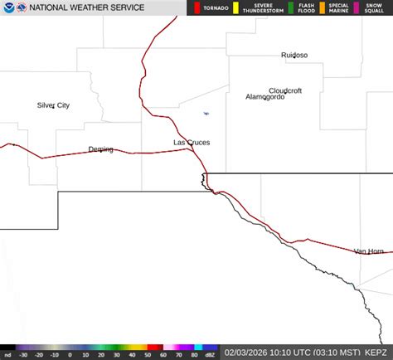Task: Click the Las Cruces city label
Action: tap(191, 143)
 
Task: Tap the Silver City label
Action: tap(53, 105)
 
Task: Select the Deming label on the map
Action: tap(100, 149)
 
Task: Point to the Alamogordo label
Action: tap(264, 97)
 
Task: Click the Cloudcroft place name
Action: tap(285, 90)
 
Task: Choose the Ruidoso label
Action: tap(294, 56)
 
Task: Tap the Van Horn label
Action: tap(368, 251)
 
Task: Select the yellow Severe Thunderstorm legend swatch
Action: tap(236, 8)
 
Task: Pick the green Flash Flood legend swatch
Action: tap(290, 8)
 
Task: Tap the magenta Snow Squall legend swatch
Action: tap(357, 8)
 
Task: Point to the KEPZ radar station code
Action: tap(376, 352)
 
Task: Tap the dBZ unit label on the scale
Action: tap(211, 354)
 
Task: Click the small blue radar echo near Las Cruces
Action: tap(206, 114)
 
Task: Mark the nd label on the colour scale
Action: tap(6, 354)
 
